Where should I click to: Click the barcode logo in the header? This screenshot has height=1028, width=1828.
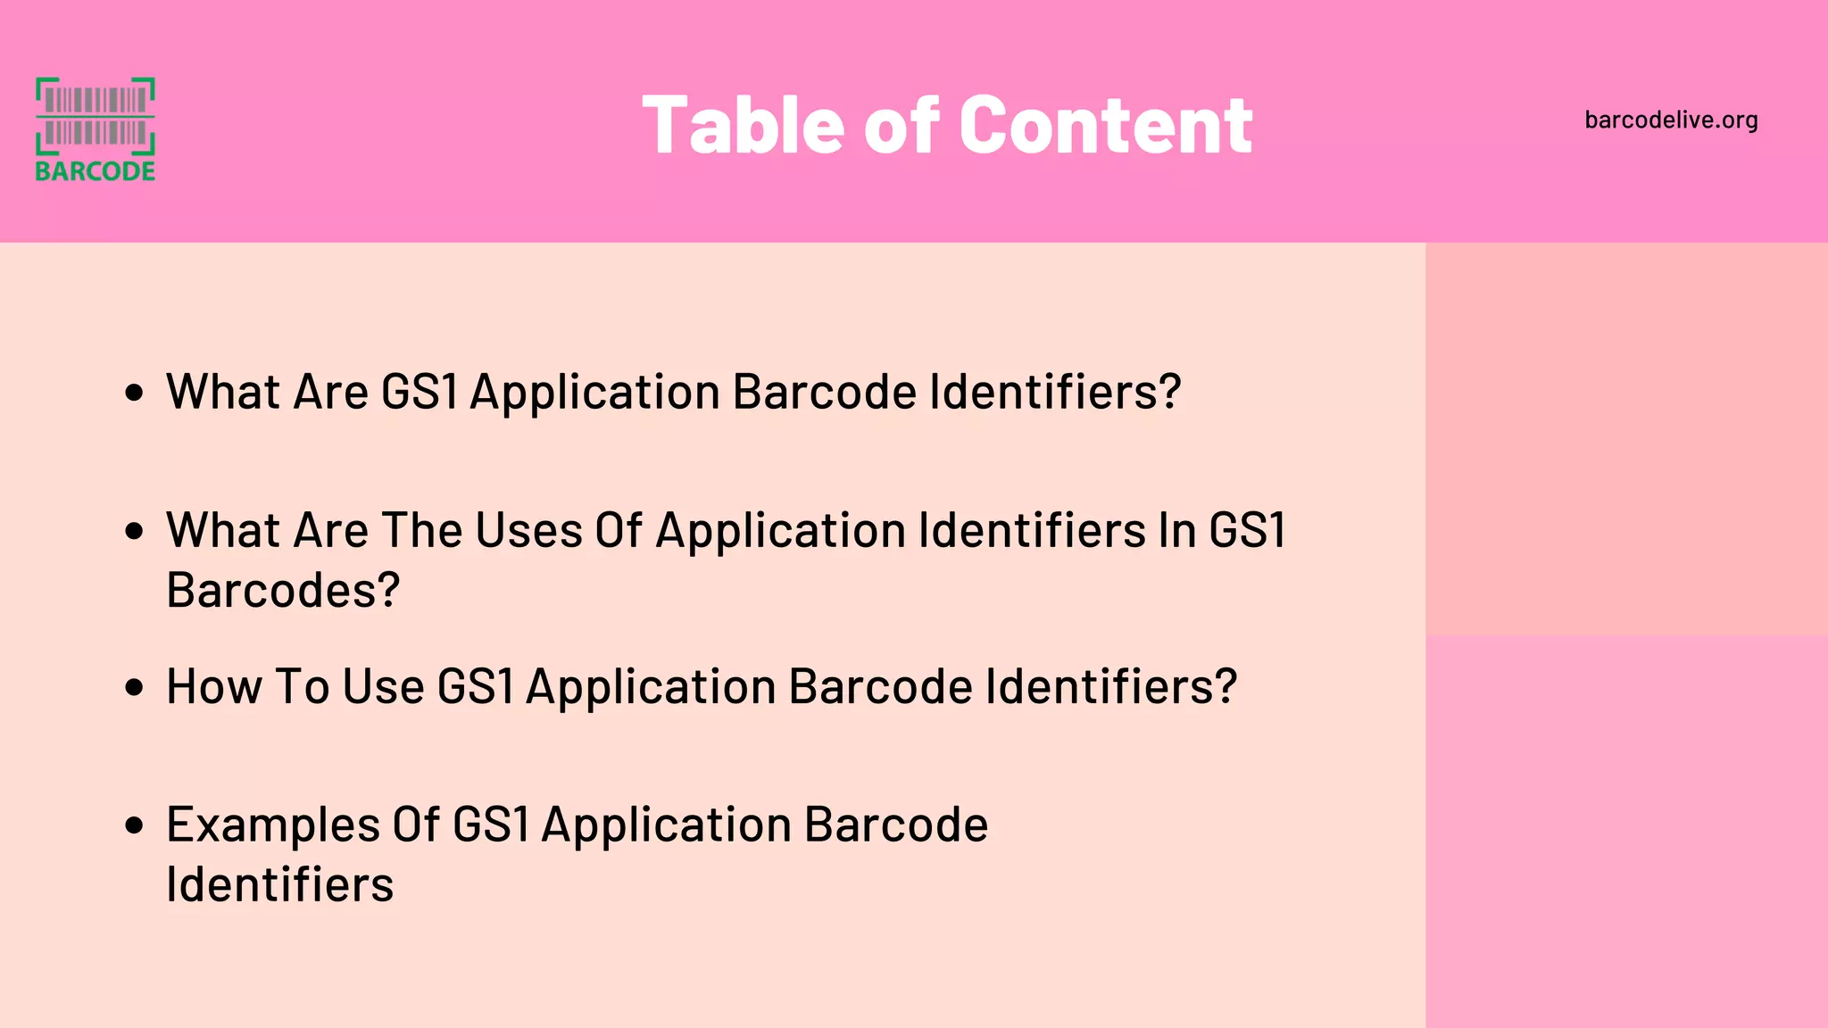pos(95,117)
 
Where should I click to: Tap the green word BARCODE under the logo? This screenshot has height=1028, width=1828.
pos(95,170)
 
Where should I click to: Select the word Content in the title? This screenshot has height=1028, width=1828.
pos(1106,126)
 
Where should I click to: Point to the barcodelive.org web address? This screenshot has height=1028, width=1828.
pos(1671,120)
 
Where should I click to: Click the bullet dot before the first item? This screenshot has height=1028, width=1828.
pos(135,393)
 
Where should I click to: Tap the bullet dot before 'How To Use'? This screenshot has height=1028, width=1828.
pos(135,687)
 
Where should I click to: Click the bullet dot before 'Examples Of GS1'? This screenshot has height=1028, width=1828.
pos(135,825)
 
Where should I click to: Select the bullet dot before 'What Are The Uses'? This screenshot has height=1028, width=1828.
pos(135,531)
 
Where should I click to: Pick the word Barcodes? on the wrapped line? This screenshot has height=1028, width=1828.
pos(283,591)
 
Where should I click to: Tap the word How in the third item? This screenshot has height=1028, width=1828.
pos(214,687)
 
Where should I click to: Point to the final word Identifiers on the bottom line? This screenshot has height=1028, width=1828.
pos(279,885)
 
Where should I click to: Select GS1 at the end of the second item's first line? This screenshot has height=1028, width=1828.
pos(1247,531)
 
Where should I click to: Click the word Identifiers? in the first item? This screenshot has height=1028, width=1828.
pos(1055,393)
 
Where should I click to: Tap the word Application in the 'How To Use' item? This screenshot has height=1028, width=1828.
pos(651,687)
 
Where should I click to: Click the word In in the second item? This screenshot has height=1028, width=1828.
pos(1177,531)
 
